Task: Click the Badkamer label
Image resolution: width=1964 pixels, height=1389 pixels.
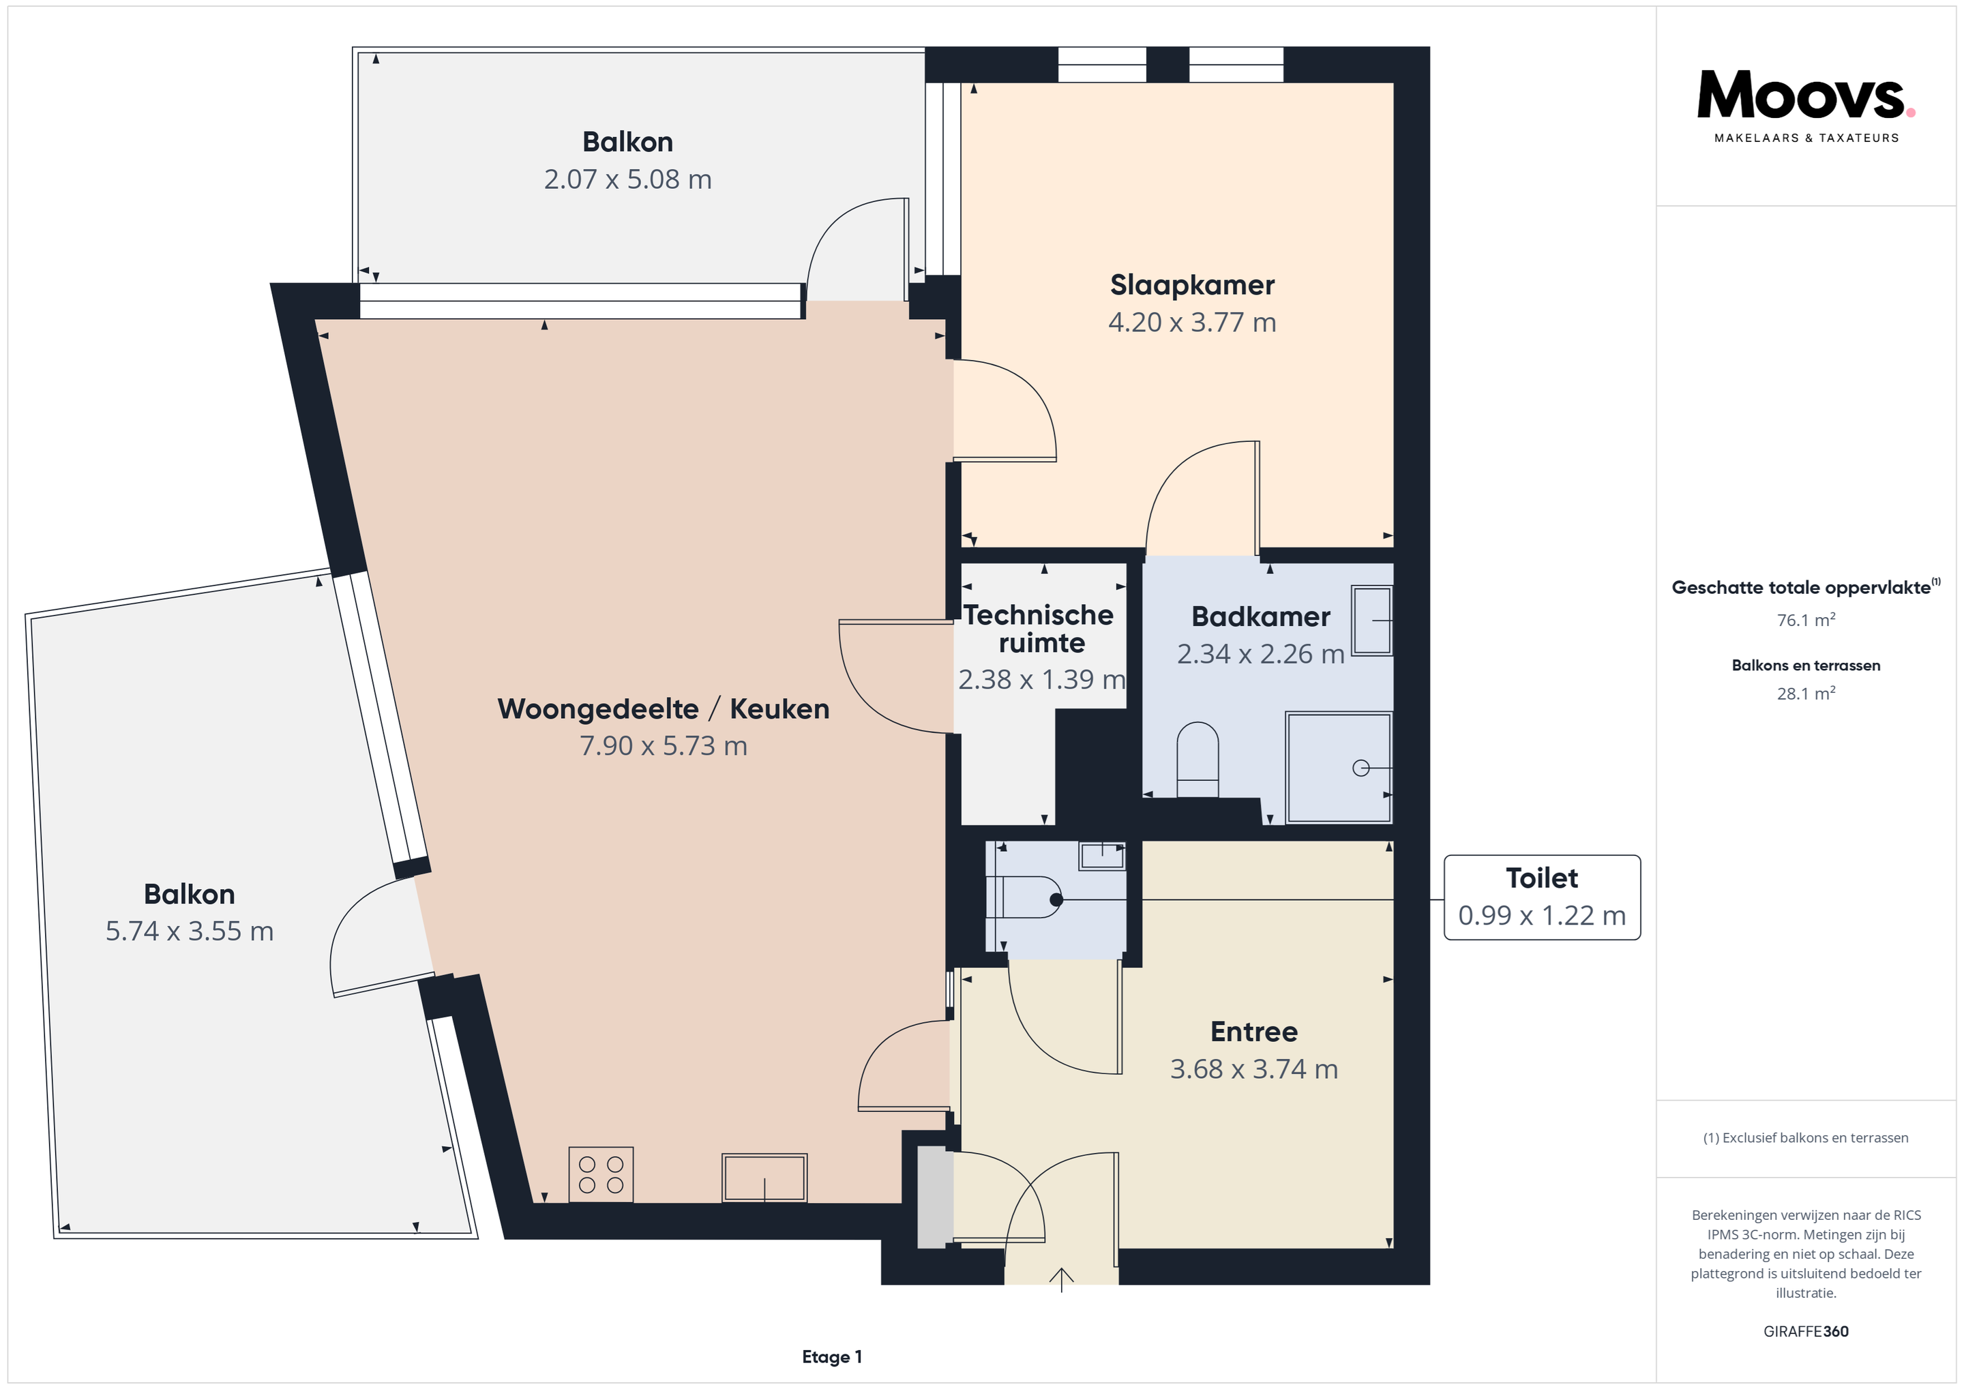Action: pos(1260,616)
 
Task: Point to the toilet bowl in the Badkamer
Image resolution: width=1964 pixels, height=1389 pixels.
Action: pos(1197,760)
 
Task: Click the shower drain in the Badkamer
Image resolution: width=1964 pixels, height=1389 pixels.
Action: pos(1360,768)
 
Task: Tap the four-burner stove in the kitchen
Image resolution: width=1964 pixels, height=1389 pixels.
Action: pos(601,1174)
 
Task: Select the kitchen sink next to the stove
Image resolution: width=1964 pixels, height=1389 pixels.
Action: pos(764,1178)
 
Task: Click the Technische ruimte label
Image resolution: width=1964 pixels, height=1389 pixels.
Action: pos(1040,629)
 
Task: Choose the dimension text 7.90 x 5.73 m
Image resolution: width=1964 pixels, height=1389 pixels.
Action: pos(663,746)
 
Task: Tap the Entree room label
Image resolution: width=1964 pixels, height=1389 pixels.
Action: pos(1254,1032)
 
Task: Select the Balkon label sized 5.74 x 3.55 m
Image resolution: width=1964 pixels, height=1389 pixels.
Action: pos(189,894)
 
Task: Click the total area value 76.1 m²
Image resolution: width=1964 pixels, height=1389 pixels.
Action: pos(1806,620)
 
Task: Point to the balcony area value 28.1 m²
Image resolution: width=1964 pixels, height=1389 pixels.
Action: pos(1806,693)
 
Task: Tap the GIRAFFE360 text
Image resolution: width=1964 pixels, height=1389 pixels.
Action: pos(1806,1331)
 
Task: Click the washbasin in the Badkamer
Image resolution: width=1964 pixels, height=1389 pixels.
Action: pos(1372,620)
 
